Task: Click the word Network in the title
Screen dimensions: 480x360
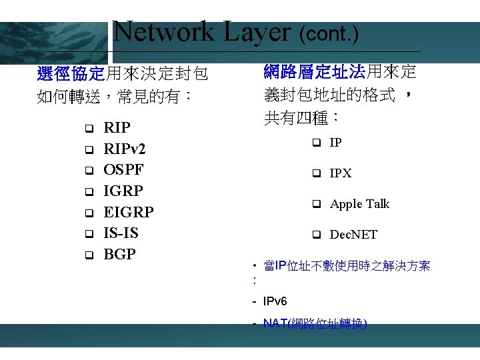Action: [163, 32]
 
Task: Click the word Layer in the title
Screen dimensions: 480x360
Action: [257, 32]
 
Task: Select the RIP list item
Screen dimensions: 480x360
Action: [117, 127]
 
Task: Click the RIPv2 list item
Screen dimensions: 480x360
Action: [125, 149]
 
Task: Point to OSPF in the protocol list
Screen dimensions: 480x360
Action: [123, 169]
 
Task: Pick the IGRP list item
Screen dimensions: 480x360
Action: [123, 191]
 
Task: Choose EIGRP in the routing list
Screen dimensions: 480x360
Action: [129, 212]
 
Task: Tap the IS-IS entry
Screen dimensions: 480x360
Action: [121, 233]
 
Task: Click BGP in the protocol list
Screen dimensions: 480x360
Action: [120, 254]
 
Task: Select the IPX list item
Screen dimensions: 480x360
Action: [341, 173]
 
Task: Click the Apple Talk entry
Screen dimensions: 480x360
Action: [359, 204]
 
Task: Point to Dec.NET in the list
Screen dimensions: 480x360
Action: [353, 235]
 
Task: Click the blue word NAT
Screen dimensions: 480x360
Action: [275, 324]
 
